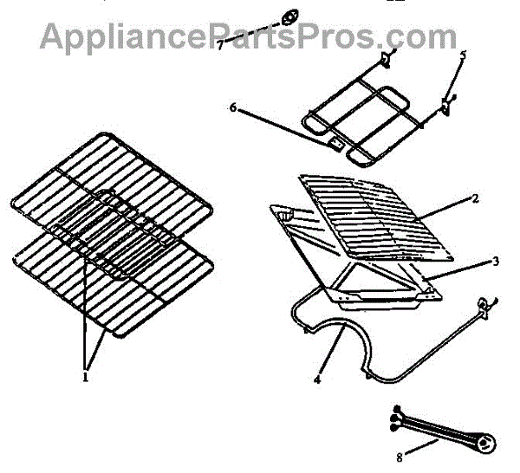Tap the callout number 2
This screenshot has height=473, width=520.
click(475, 198)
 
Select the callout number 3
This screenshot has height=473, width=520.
click(495, 260)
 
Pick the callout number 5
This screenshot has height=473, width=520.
click(463, 55)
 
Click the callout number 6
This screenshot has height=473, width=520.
click(233, 107)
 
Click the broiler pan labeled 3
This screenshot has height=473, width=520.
click(381, 290)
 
